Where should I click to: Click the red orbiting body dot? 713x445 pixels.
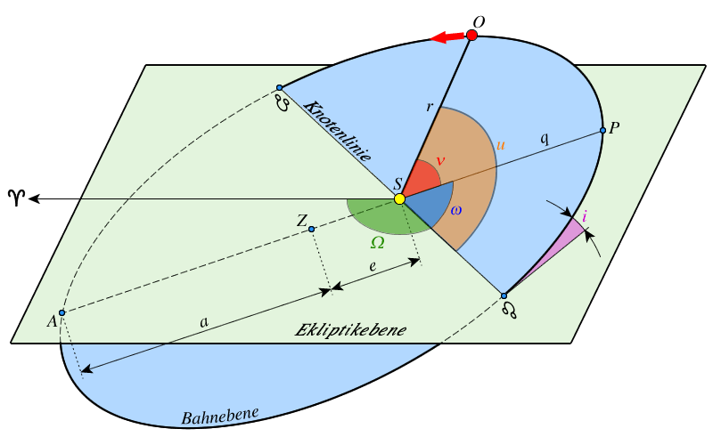point(471,36)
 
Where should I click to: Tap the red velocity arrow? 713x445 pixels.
point(447,37)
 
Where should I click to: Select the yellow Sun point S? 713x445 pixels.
point(399,198)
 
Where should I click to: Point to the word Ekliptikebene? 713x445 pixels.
point(350,330)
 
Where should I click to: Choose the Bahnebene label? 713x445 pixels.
point(219,416)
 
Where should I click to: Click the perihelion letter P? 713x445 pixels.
point(614,127)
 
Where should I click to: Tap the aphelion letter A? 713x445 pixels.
point(52,320)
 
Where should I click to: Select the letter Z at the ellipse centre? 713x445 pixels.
point(302,220)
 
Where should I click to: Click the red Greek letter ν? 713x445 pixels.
point(439,161)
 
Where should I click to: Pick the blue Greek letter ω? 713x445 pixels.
point(455,210)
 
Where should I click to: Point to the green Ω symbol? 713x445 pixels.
point(377,242)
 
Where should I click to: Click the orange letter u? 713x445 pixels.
point(501,143)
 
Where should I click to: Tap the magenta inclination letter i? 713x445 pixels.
point(585,217)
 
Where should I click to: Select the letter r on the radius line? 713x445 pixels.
point(430,107)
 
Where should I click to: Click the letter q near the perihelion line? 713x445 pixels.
point(545,138)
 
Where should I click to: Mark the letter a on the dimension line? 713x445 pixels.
point(204,322)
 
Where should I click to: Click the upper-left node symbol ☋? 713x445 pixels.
point(283,102)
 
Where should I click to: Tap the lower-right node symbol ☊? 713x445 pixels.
point(510,309)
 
